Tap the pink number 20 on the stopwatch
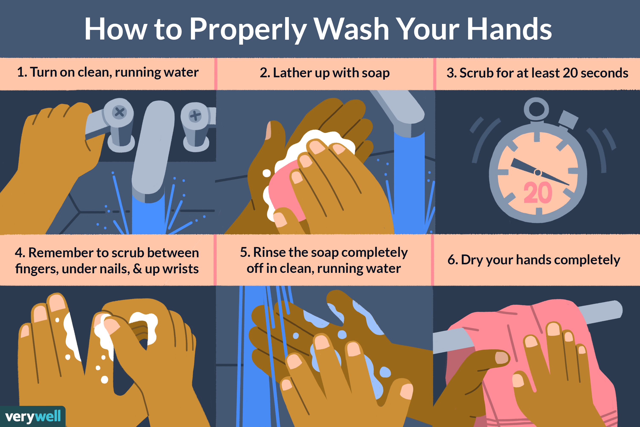(538, 193)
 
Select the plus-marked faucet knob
(195, 116)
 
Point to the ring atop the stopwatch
(536, 109)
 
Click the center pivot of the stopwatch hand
(538, 172)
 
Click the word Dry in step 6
(472, 260)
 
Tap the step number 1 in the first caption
(21, 72)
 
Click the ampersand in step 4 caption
(137, 269)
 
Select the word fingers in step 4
(36, 269)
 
